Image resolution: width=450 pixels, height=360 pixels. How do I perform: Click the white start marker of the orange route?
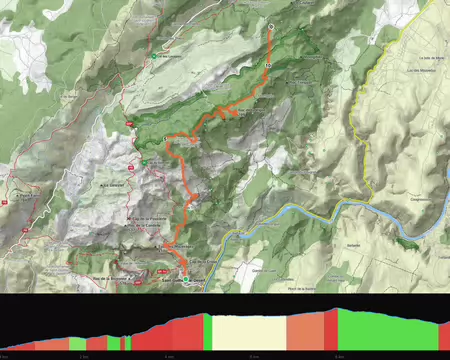coord(271,26)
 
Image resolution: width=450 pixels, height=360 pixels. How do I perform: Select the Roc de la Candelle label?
coord(146,226)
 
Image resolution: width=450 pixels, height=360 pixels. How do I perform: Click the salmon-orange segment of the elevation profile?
coord(305,331)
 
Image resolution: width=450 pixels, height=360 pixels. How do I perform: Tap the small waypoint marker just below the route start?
coord(268,63)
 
